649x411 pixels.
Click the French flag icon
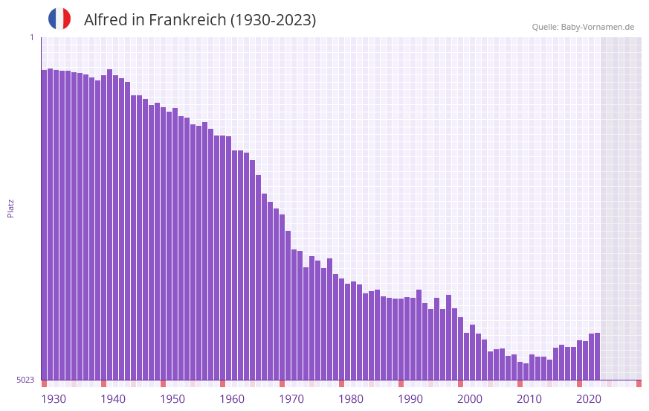pyautogui.click(x=59, y=19)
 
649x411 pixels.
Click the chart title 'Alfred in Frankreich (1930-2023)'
pyautogui.click(x=200, y=20)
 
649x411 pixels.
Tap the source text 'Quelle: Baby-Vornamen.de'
pyautogui.click(x=583, y=27)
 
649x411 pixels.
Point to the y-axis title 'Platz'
pyautogui.click(x=10, y=208)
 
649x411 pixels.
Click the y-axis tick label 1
pyautogui.click(x=31, y=37)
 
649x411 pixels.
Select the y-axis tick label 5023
pyautogui.click(x=25, y=380)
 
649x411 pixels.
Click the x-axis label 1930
pyautogui.click(x=54, y=399)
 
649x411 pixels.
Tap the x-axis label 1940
pyautogui.click(x=113, y=399)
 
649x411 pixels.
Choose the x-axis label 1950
pyautogui.click(x=172, y=399)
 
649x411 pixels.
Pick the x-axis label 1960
pyautogui.click(x=232, y=399)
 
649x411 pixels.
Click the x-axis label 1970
pyautogui.click(x=291, y=399)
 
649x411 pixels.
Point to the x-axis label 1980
pyautogui.click(x=351, y=399)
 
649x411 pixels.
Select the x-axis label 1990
pyautogui.click(x=410, y=399)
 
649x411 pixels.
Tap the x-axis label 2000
pyautogui.click(x=470, y=399)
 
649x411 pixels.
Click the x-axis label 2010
pyautogui.click(x=529, y=399)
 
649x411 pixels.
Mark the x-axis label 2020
pyautogui.click(x=589, y=399)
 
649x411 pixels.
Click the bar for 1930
pyautogui.click(x=44, y=223)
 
